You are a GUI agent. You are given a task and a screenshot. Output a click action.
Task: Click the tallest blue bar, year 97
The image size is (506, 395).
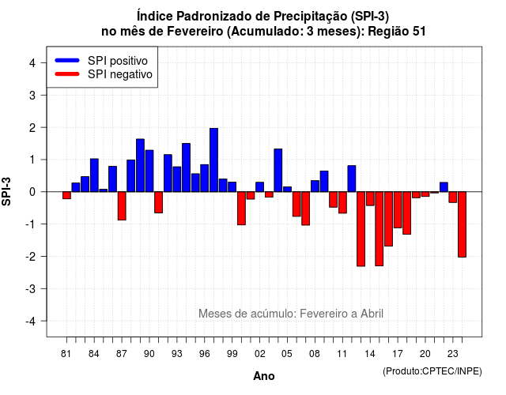pos(213,160)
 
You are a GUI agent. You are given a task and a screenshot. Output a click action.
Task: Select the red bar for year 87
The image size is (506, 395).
pos(122,206)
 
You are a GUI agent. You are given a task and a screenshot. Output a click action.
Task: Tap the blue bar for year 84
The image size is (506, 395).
pos(94,175)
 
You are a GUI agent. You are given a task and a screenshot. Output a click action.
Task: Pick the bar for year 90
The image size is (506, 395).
pos(149,171)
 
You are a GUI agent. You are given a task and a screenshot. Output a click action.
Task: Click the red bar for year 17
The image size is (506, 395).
pos(398,210)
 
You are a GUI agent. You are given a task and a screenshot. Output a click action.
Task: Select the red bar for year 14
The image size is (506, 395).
pos(370,198)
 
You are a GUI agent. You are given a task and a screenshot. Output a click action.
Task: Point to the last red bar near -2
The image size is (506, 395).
pos(462,224)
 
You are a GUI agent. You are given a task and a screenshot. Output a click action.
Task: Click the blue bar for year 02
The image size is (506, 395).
pos(260,187)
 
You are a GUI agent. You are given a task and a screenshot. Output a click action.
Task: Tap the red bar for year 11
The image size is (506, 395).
pos(342,202)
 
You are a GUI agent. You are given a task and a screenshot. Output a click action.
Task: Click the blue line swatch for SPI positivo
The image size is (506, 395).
pos(67,60)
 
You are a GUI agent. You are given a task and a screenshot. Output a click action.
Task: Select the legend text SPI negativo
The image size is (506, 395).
pos(120,74)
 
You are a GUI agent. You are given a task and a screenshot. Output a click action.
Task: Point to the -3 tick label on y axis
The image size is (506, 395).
pos(31,288)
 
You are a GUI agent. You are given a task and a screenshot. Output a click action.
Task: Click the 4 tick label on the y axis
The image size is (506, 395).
pos(32,63)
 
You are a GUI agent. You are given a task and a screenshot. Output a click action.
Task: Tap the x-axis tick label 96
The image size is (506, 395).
pos(205,354)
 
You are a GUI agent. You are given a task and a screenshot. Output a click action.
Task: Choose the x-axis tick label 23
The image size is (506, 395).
pos(453,354)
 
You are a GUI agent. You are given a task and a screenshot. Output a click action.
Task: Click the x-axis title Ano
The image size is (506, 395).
pos(264,376)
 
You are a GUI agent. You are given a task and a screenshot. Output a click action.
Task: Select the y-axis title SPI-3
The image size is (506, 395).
pos(6,192)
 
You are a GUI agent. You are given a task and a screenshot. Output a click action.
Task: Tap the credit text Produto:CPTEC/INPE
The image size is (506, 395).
pos(432,371)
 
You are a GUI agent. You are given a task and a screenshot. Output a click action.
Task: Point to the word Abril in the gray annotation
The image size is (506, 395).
pos(372,314)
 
